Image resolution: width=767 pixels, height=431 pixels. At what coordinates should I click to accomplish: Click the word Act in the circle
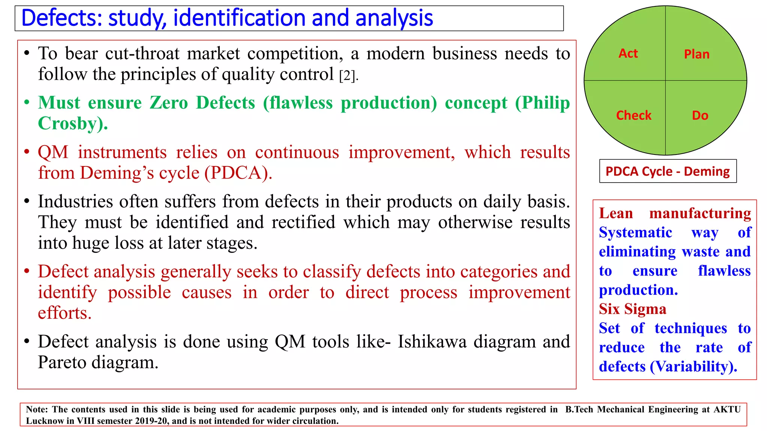pos(628,54)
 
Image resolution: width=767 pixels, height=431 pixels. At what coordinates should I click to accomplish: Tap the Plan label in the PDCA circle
pos(697,54)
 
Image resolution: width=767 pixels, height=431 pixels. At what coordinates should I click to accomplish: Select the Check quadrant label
pos(634,115)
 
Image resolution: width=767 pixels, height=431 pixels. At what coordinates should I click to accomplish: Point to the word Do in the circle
pos(700,115)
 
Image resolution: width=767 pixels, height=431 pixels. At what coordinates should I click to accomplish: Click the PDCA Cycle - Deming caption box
pos(668,171)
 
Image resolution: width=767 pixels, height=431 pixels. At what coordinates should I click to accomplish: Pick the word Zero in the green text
pos(169,103)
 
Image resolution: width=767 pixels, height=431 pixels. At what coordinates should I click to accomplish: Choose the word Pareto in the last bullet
pos(62,362)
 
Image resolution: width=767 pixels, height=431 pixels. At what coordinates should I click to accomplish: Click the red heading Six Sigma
pos(633,309)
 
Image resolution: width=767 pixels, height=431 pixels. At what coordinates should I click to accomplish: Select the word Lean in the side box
pos(616,213)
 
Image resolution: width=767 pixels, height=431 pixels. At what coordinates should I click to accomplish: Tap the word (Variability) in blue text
pos(693,367)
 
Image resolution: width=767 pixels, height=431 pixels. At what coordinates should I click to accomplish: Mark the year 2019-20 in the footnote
pos(151,421)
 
